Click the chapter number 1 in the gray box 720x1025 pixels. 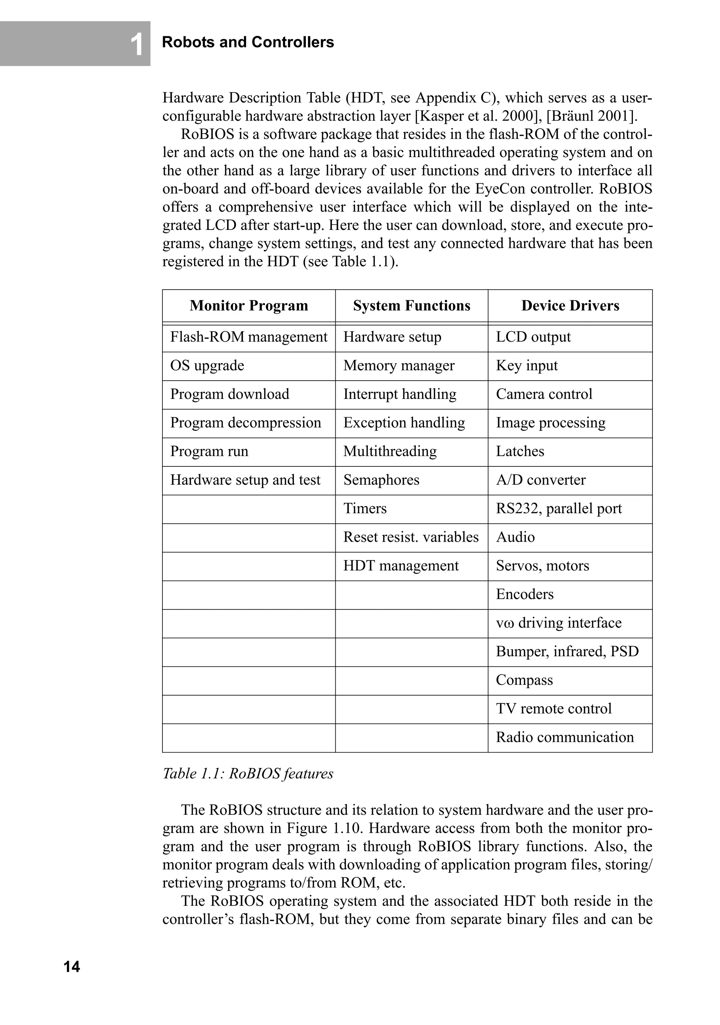[x=137, y=45]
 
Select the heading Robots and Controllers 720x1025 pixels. [x=248, y=42]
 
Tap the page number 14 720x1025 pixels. [x=71, y=967]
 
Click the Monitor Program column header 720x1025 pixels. [x=249, y=305]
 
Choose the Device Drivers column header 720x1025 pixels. [x=570, y=305]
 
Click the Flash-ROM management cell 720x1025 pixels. [x=249, y=337]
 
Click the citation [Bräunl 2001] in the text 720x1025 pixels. [x=593, y=116]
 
